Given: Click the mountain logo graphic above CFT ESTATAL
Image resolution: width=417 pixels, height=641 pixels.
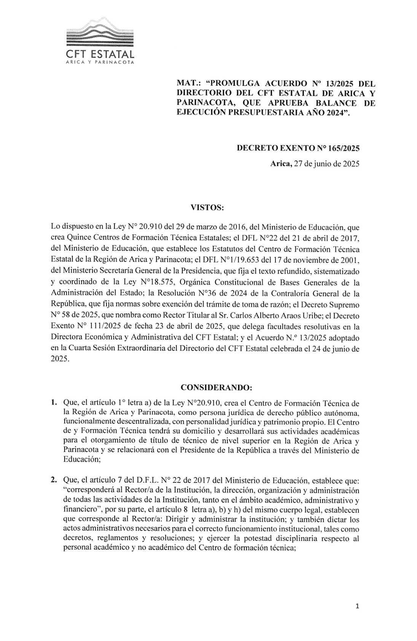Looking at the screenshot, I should pos(100,35).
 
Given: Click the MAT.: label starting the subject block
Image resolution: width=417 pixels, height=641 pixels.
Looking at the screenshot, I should pos(188,83).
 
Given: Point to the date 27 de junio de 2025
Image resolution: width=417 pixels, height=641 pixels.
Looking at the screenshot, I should pos(326,164).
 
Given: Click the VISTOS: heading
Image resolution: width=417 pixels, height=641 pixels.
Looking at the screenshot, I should pos(207,208).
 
